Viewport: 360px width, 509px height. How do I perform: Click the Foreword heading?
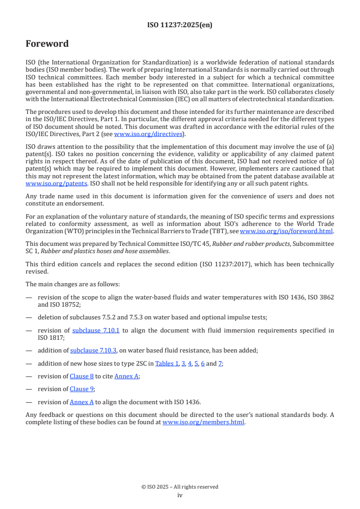[x=47, y=44]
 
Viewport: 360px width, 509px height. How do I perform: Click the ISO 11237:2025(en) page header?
[x=180, y=25]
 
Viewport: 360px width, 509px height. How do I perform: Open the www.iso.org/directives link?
[x=148, y=134]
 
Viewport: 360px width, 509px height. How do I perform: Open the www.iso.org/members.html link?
[x=203, y=422]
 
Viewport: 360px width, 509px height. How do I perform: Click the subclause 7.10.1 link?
[x=96, y=330]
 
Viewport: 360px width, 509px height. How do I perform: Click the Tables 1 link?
[x=167, y=363]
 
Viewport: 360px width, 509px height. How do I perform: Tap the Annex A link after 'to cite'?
[x=126, y=376]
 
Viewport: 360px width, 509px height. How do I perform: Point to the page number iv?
[x=180, y=495]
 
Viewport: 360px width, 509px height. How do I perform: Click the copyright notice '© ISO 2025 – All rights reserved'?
[x=180, y=487]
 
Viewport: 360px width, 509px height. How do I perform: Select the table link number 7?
[x=220, y=363]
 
